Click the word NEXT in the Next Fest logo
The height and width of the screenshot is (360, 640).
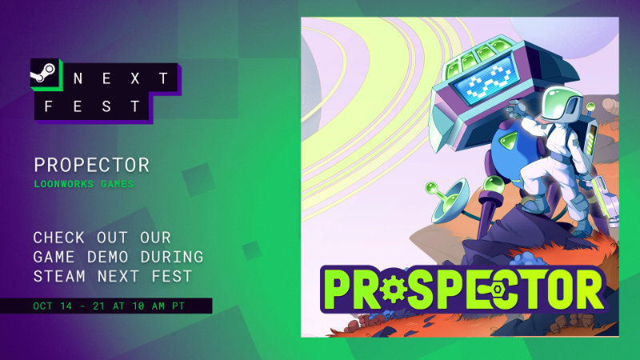click(x=121, y=78)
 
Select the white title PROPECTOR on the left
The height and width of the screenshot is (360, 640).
click(x=91, y=166)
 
